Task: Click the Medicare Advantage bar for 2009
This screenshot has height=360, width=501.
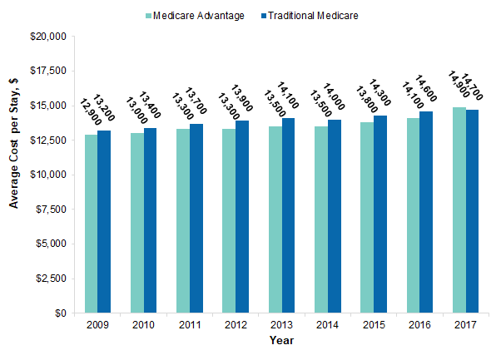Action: pyautogui.click(x=91, y=224)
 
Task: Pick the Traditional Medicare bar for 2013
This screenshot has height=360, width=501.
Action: pyautogui.click(x=288, y=215)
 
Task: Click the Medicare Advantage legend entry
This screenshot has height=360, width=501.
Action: pyautogui.click(x=195, y=16)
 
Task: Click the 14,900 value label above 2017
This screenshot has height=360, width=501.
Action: pyautogui.click(x=455, y=85)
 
